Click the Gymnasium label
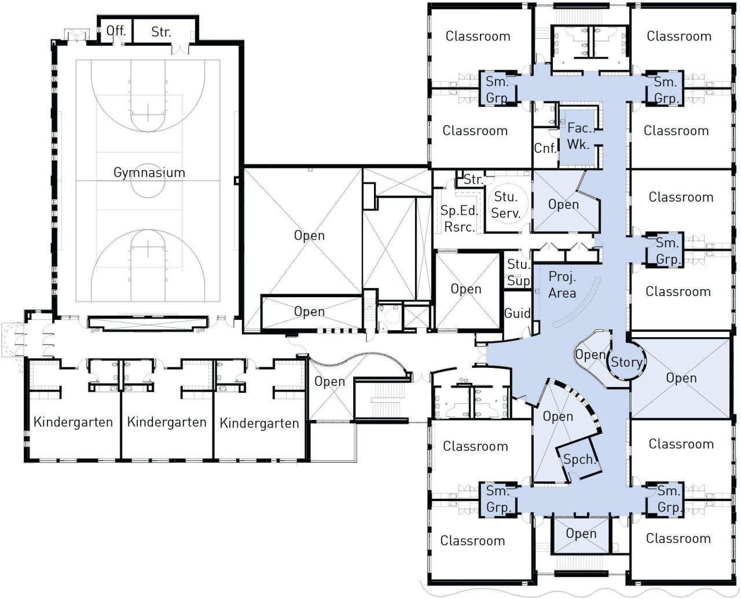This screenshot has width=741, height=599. (x=149, y=173)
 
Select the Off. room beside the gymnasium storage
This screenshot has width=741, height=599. (x=115, y=30)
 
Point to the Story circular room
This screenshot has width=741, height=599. (x=626, y=362)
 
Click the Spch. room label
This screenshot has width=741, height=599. (x=579, y=459)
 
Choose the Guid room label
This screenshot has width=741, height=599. (x=518, y=313)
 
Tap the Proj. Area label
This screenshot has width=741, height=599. (x=562, y=284)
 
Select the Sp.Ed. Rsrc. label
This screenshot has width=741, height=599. (x=459, y=218)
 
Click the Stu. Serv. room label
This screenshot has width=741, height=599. (x=505, y=204)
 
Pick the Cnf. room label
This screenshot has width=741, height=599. (x=545, y=148)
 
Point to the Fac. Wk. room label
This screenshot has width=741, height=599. (x=579, y=136)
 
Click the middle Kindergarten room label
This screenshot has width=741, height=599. (x=167, y=422)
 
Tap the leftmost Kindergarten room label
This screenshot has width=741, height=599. (x=73, y=422)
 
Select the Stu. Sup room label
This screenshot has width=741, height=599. (x=518, y=272)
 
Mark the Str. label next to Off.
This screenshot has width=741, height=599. (x=161, y=32)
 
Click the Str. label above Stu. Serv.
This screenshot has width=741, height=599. (x=474, y=179)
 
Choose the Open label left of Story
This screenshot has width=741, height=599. (x=590, y=355)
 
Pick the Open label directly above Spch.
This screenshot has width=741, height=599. (x=557, y=417)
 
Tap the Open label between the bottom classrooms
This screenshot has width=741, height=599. (x=581, y=533)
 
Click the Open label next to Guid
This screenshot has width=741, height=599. (x=466, y=289)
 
